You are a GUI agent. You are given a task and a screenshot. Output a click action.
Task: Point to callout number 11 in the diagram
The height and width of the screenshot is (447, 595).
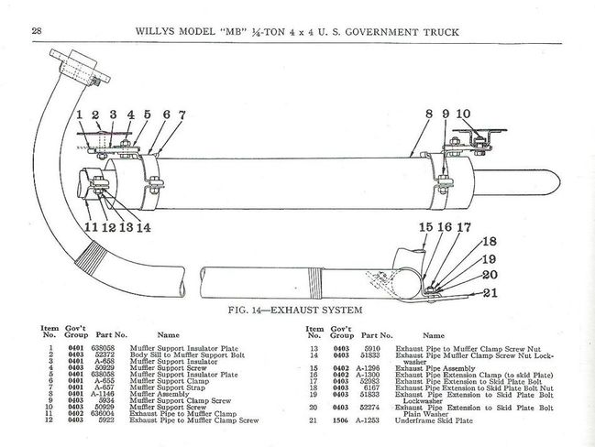point(91,228)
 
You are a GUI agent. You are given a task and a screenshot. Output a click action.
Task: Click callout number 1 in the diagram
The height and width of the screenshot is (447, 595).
point(80,115)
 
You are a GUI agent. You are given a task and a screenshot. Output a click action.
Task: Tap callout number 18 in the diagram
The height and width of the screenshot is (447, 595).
point(489,243)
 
